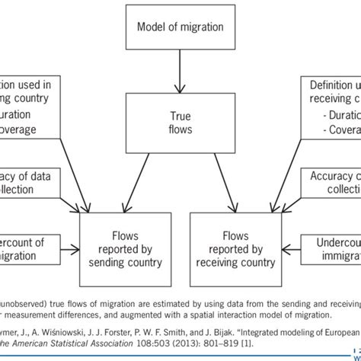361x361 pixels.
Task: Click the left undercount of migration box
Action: (27, 248)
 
